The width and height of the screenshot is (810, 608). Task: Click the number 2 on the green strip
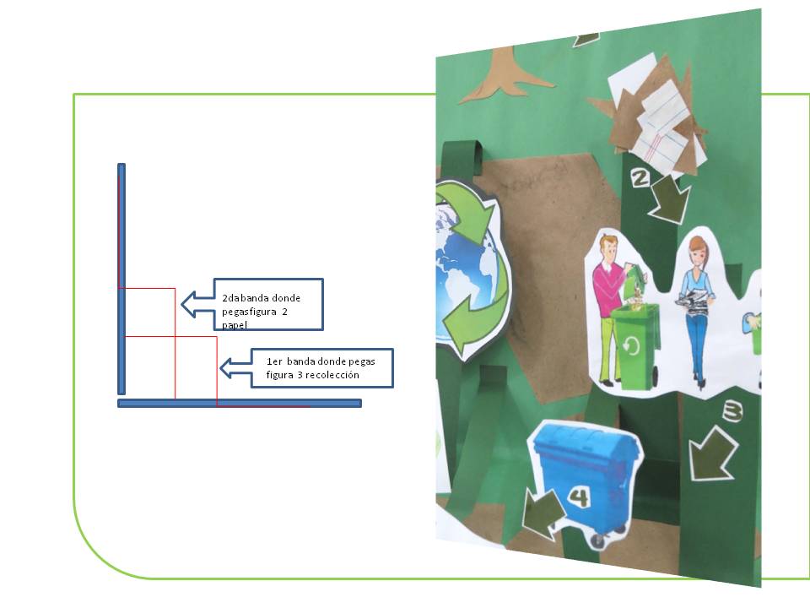pyautogui.click(x=640, y=178)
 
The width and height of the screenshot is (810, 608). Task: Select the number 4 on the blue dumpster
pyautogui.click(x=578, y=497)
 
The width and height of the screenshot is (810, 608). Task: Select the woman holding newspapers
pyautogui.click(x=697, y=304)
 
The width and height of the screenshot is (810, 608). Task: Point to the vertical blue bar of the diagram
pyautogui.click(x=121, y=279)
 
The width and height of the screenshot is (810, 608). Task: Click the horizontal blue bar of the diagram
pyautogui.click(x=240, y=404)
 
